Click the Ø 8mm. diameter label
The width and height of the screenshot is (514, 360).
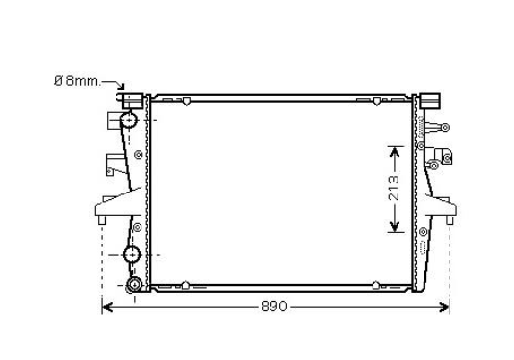pyautogui.click(x=77, y=80)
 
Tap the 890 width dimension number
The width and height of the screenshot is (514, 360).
pyautogui.click(x=274, y=306)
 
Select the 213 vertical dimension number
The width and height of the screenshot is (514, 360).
pyautogui.click(x=394, y=189)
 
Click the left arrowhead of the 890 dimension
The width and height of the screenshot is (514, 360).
pyautogui.click(x=107, y=308)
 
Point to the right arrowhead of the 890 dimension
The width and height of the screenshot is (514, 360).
pyautogui.click(x=445, y=308)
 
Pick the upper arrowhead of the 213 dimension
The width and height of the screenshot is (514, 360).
pyautogui.click(x=394, y=152)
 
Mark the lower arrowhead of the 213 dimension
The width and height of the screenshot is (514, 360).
pyautogui.click(x=394, y=227)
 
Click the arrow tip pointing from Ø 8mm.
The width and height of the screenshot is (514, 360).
pyautogui.click(x=123, y=89)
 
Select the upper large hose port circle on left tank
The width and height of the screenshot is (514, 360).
pyautogui.click(x=129, y=120)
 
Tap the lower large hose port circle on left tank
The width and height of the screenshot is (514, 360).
pyautogui.click(x=132, y=254)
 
